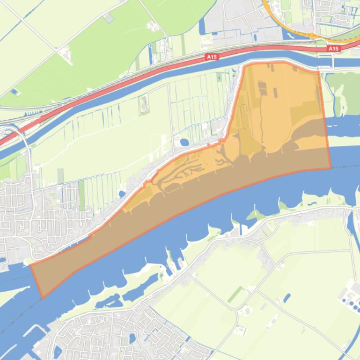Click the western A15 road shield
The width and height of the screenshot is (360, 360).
coord(212,57)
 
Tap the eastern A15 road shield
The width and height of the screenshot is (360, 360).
coord(333,49)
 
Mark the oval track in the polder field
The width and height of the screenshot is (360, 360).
coord(143,105)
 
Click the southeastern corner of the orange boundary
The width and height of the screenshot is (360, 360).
coord(331,167)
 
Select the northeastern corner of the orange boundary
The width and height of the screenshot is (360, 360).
coord(318,72)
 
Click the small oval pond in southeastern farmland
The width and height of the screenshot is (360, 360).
coord(287,297)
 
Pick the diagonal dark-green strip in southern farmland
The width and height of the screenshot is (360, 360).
coord(236,295)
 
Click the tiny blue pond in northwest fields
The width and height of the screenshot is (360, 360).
coord(14,91)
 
